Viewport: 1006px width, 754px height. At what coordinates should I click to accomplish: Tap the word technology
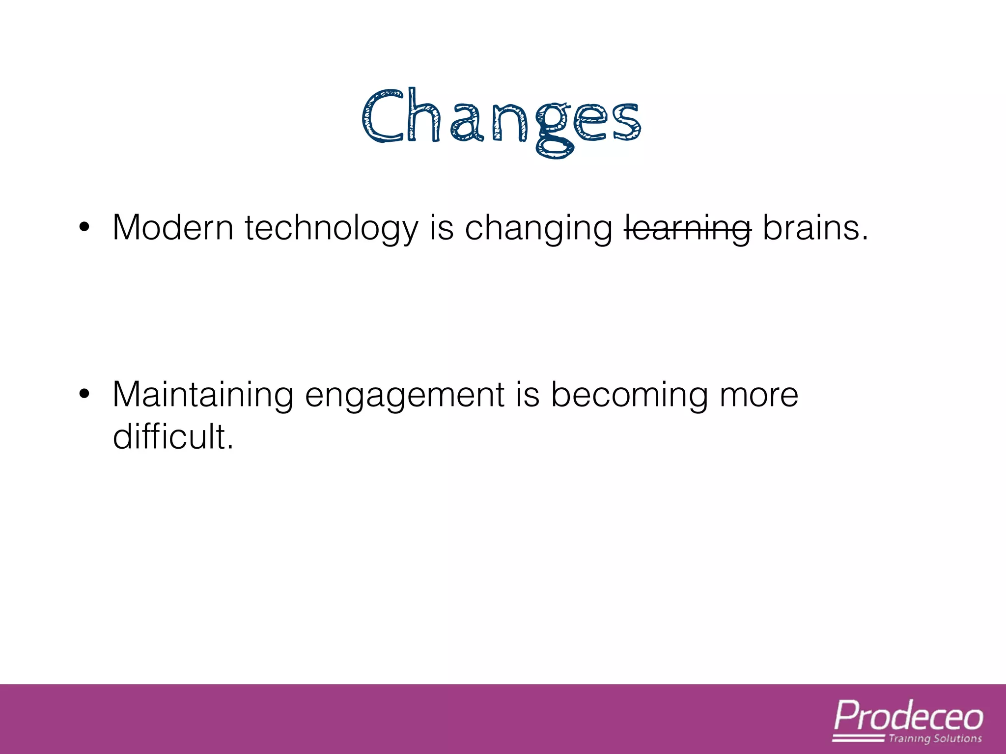click(332, 229)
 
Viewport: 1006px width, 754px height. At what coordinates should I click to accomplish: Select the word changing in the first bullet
click(538, 229)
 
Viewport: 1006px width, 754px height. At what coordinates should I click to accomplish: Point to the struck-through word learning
click(688, 229)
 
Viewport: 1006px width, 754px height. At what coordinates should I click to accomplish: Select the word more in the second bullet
click(759, 396)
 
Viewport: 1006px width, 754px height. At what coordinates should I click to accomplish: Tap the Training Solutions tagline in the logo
click(935, 739)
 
